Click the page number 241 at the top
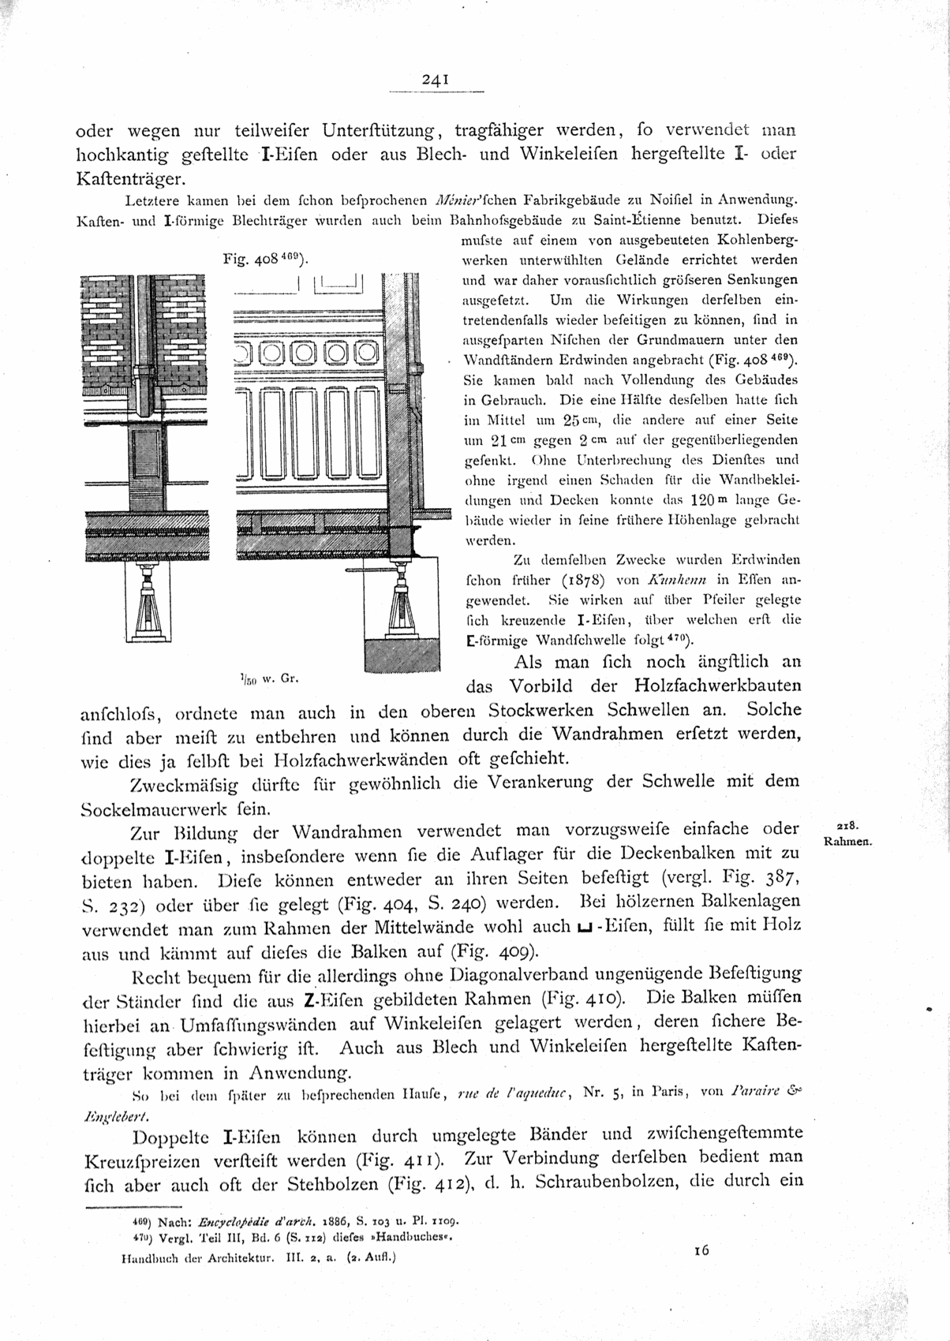pos(436,79)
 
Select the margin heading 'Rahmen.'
pos(847,842)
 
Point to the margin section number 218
pos(847,826)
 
